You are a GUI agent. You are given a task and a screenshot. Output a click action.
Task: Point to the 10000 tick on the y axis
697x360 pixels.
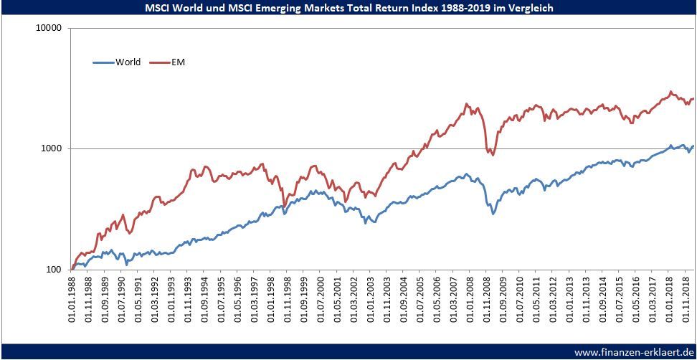coord(49,28)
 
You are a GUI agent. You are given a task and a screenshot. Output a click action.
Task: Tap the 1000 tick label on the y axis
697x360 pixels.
coord(52,149)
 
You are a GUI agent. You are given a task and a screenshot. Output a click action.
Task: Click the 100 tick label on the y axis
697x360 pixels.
coord(54,270)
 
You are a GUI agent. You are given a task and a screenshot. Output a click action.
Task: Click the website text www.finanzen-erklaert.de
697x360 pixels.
coord(632,352)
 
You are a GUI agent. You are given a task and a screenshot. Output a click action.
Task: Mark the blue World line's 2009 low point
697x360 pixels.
coord(493,214)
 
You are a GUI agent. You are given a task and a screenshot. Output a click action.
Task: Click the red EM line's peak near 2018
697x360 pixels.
coord(670,92)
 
